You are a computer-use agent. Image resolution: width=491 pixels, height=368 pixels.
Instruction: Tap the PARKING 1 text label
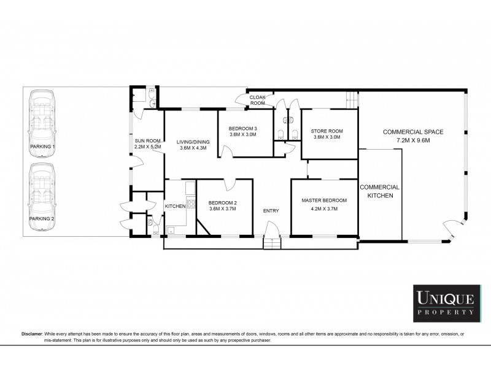tap(42, 147)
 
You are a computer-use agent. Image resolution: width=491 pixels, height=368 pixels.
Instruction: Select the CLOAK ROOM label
tap(257, 100)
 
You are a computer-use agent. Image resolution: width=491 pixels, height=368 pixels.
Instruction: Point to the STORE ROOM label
tap(327, 131)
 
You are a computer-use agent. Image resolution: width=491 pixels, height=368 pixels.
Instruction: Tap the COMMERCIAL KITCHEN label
tap(379, 191)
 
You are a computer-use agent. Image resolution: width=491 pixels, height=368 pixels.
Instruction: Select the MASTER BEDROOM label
tap(324, 201)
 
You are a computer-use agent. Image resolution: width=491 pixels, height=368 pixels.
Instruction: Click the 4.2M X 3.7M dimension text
tap(324, 209)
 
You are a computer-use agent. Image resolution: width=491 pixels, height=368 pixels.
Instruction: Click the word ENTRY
tap(271, 211)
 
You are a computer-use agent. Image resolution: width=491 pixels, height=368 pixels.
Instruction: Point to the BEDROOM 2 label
tap(222, 202)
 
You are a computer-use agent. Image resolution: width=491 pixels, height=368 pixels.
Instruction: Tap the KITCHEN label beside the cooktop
tap(175, 206)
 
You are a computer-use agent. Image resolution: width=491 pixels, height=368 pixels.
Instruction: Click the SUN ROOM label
tap(147, 140)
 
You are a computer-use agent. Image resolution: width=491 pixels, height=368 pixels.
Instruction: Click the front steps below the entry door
tap(271, 243)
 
